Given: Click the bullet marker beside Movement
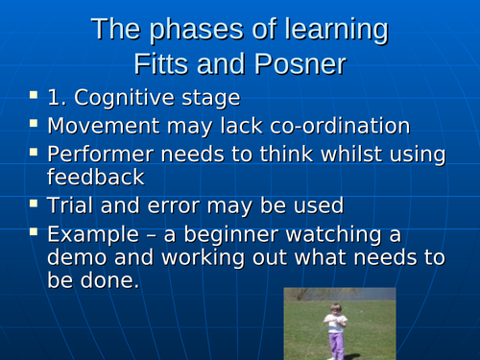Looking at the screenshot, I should pyautogui.click(x=34, y=124).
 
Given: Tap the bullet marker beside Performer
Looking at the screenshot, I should pyautogui.click(x=34, y=151).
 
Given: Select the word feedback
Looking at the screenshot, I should pyautogui.click(x=95, y=178).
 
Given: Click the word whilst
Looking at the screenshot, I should pyautogui.click(x=348, y=153).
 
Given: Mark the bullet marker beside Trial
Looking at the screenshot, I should pyautogui.click(x=34, y=204).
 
